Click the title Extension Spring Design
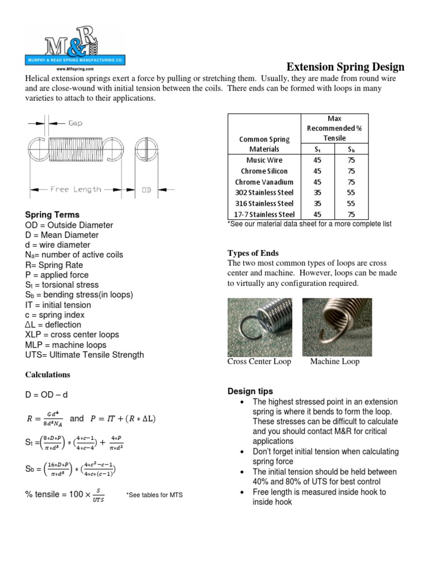coord(345,67)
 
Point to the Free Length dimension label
coord(76,189)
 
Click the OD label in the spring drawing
coord(147,190)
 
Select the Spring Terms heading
coord(53,215)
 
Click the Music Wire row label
coord(264,160)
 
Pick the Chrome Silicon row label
coord(264,171)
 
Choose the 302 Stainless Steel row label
coord(264,192)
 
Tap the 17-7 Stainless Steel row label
coord(264,214)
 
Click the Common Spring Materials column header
coord(264,144)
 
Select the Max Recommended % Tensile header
coord(335,128)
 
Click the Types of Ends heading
coord(253,253)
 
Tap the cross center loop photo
coord(260,326)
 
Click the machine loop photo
coord(333,326)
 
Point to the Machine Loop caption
coord(335,361)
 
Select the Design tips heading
coord(250,391)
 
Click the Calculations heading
coord(48,374)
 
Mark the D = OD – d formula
coord(46,395)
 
